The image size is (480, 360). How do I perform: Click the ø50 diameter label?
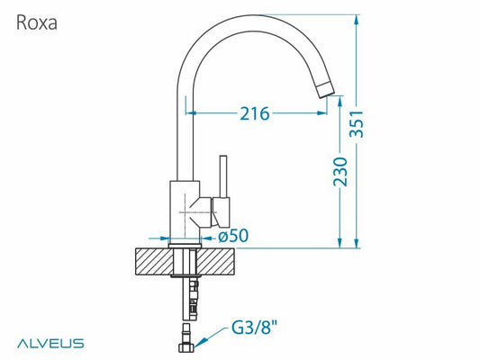click(x=233, y=236)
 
